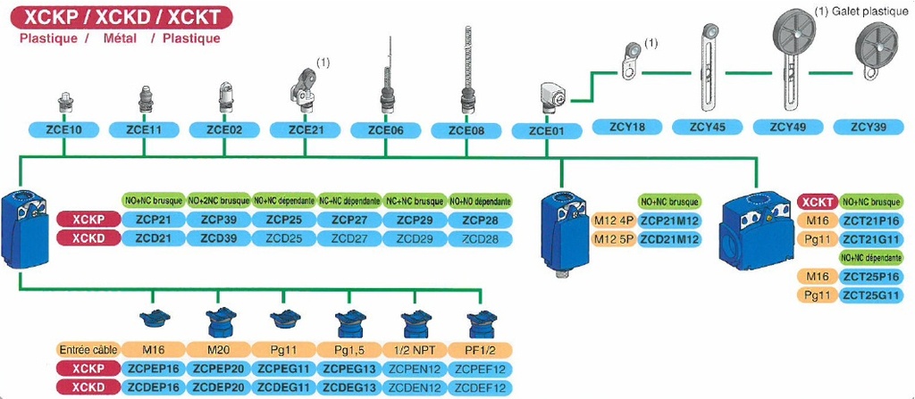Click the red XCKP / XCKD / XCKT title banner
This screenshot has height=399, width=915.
[x=120, y=16]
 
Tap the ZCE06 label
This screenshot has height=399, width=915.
[x=386, y=129]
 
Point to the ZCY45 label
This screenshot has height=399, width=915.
[x=708, y=127]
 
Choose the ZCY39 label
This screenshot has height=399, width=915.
[x=868, y=127]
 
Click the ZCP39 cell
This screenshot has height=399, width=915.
[x=219, y=220]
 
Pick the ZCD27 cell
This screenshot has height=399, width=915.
[x=349, y=238]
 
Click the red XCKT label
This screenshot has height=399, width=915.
[x=817, y=202]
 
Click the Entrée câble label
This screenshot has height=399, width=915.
[x=87, y=350]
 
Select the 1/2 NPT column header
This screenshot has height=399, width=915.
[x=416, y=350]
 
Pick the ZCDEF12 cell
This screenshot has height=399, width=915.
[x=481, y=387]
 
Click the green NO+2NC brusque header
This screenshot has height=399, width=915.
[x=219, y=201]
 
